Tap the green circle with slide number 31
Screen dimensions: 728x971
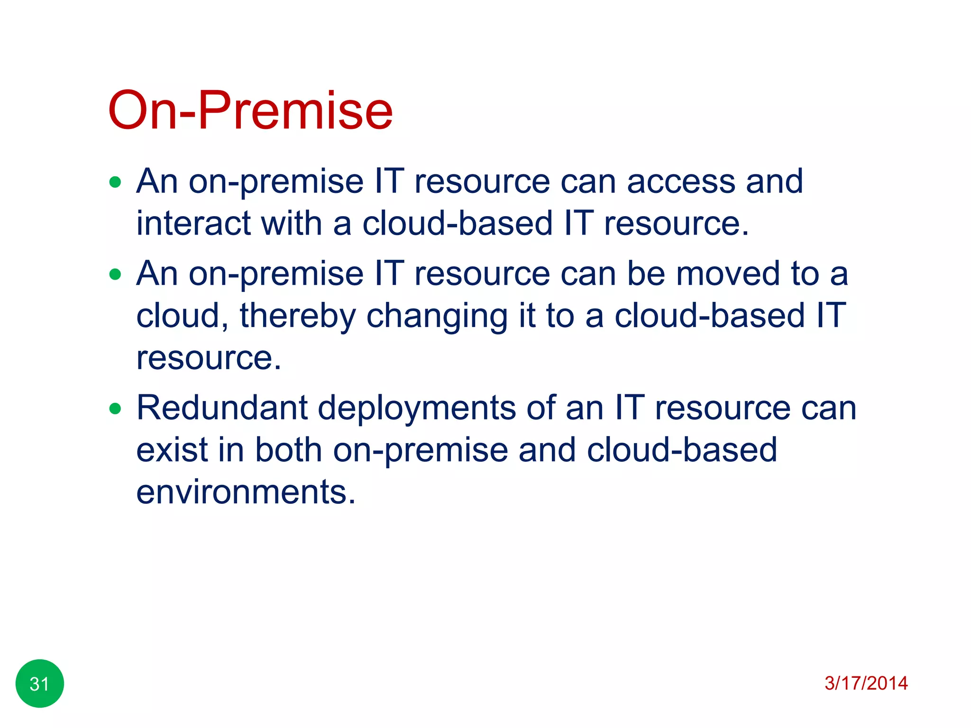40,683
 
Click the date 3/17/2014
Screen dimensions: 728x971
866,683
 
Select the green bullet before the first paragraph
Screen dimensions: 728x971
115,182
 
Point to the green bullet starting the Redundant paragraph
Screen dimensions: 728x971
115,408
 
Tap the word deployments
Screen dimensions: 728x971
416,409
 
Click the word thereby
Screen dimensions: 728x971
298,316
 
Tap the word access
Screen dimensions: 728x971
681,182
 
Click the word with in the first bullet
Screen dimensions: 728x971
291,223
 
